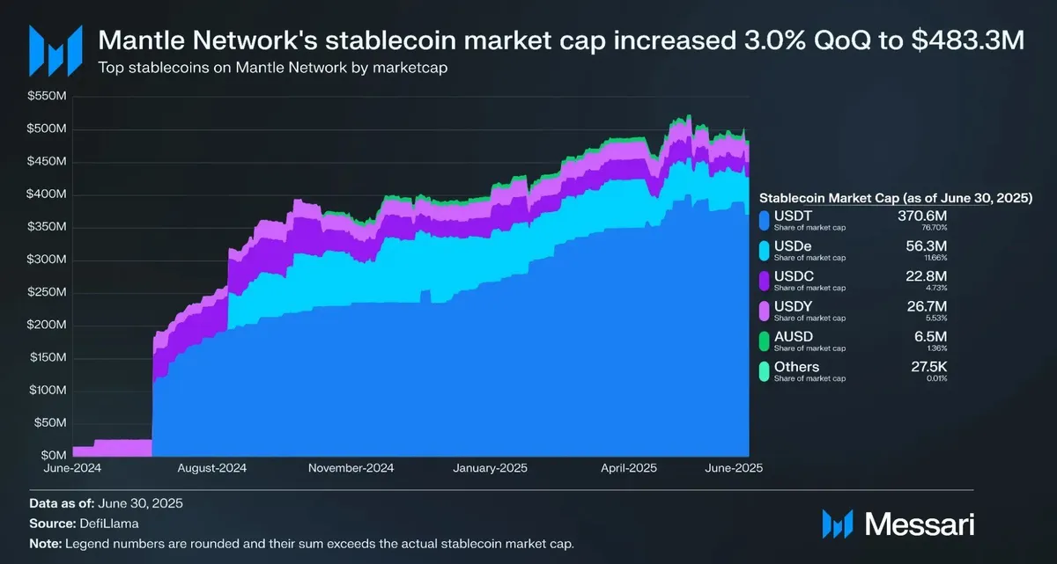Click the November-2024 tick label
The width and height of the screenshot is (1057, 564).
pos(351,468)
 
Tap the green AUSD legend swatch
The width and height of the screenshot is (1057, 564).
pos(764,341)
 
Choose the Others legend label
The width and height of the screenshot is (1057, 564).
pos(796,367)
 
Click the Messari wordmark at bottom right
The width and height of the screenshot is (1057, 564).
pos(920,524)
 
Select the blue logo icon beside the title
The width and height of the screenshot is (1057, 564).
pos(55,49)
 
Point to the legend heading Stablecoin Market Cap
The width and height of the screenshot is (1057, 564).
pos(896,198)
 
